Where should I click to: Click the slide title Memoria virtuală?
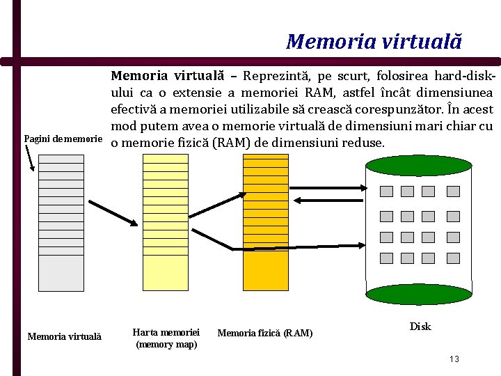tap(374, 42)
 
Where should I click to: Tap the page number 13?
tap(454, 359)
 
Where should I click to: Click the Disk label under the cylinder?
tap(420, 327)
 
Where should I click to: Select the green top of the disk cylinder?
tap(419, 166)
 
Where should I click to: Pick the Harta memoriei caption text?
tap(166, 333)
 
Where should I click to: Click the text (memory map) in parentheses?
tap(166, 345)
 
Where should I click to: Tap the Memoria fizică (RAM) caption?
tap(265, 334)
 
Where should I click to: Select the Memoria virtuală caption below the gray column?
tap(64, 337)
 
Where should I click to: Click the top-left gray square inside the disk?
tap(386, 191)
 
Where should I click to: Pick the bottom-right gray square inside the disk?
tap(453, 258)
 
